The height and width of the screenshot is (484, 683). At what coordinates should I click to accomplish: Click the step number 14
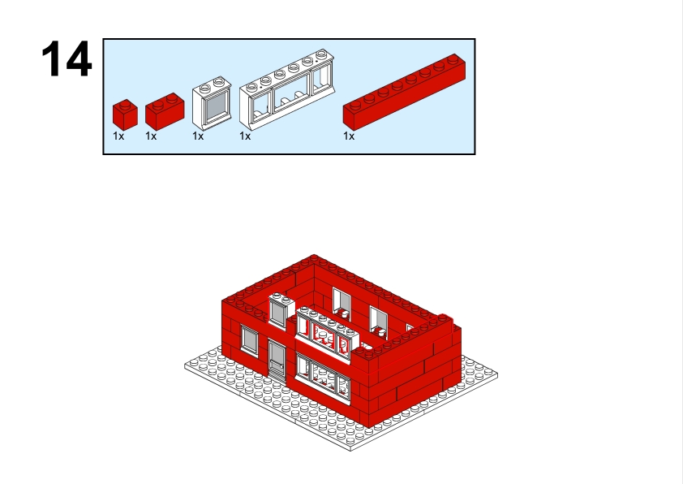tap(67, 58)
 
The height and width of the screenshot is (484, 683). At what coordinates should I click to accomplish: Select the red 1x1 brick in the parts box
tap(125, 115)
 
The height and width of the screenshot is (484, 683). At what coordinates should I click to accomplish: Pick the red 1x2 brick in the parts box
tap(165, 111)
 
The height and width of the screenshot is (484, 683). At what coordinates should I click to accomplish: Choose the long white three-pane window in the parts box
tap(286, 89)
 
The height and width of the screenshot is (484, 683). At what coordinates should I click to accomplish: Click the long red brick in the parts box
tap(404, 92)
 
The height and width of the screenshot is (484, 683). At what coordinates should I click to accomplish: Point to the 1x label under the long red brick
tap(349, 136)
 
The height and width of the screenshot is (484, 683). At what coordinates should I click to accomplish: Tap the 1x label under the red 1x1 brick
tap(118, 136)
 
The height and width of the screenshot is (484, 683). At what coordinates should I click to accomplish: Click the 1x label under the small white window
tap(198, 136)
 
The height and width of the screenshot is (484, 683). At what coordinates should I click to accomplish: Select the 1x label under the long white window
tap(245, 136)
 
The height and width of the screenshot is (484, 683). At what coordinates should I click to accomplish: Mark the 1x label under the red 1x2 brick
tap(151, 136)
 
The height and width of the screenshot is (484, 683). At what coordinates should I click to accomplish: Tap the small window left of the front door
tap(250, 341)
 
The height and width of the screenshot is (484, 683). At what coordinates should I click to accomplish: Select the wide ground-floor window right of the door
tap(323, 377)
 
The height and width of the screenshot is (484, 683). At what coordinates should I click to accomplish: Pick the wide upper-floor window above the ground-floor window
tap(328, 334)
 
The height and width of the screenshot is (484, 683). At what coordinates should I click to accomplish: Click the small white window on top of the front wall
tap(281, 310)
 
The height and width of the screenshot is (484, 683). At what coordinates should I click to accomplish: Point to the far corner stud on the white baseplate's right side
tap(491, 372)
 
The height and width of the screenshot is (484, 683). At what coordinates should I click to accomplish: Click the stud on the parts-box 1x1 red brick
tap(125, 103)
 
